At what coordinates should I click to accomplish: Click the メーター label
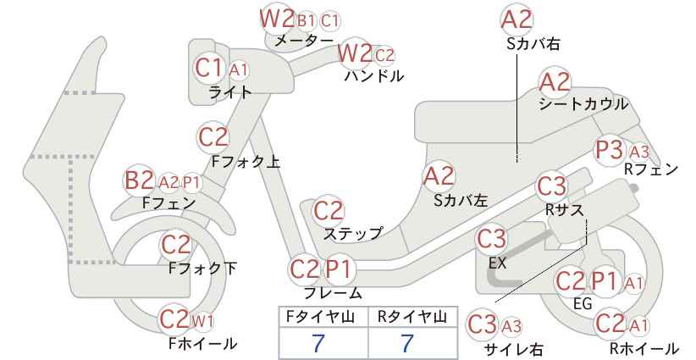tap(304, 41)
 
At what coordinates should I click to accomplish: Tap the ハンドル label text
tap(374, 76)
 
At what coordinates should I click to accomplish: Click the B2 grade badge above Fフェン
tap(140, 180)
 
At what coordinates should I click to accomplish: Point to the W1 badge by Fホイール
tap(202, 320)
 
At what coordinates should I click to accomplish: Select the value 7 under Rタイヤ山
tap(406, 343)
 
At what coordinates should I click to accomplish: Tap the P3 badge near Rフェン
tap(609, 150)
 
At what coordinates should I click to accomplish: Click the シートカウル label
tap(583, 104)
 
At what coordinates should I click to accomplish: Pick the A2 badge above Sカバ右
tap(516, 20)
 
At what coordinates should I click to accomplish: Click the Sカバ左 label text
tap(461, 201)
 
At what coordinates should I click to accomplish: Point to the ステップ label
tap(353, 234)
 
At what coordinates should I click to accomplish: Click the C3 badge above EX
tap(491, 239)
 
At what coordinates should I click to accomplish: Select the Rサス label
tap(564, 210)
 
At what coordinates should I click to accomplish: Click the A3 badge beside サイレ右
tap(511, 327)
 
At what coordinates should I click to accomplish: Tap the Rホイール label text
tap(644, 348)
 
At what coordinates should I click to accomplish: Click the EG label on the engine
tap(583, 303)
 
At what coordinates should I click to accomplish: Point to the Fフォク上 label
tap(246, 162)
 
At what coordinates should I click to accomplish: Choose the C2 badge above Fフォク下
tap(176, 245)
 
